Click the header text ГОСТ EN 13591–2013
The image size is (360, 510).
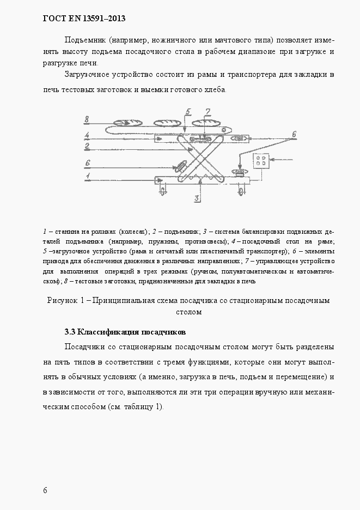click(84, 19)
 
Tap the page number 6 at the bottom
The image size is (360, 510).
click(45, 490)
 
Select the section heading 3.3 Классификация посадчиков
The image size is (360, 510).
click(125, 332)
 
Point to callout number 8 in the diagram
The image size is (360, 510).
click(87, 119)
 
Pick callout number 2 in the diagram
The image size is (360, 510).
click(87, 146)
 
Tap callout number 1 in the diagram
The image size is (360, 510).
click(87, 175)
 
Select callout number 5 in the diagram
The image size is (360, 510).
click(188, 112)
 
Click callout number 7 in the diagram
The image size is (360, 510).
click(207, 112)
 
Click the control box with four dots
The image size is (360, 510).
click(260, 162)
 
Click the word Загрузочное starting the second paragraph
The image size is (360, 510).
click(88, 74)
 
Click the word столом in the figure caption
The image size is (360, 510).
click(189, 312)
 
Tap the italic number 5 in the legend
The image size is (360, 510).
click(44, 252)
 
